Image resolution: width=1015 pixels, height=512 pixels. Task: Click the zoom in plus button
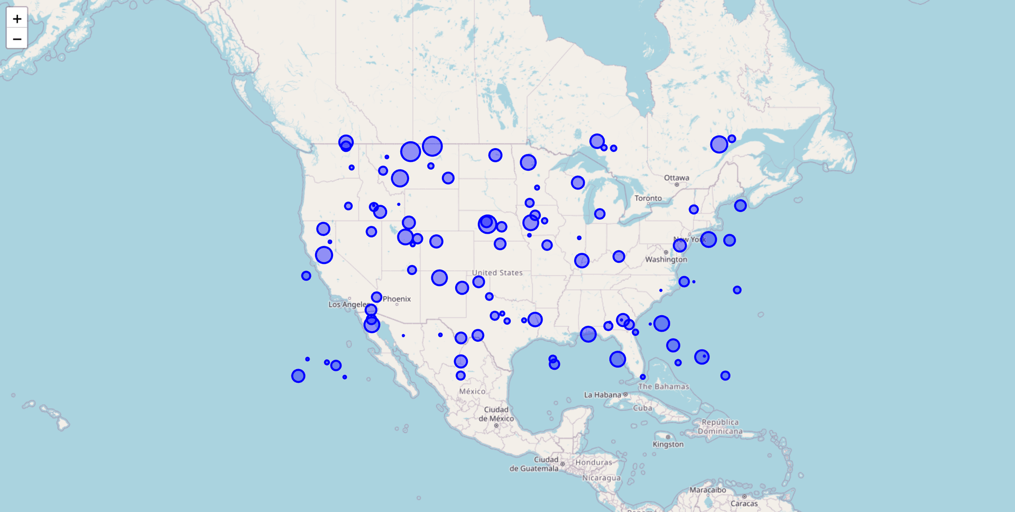click(17, 19)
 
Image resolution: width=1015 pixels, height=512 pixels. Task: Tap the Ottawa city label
click(677, 178)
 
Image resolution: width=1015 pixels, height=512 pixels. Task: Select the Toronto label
click(648, 198)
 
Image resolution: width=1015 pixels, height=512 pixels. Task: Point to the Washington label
click(666, 259)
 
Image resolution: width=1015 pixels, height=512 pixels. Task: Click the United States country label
click(497, 273)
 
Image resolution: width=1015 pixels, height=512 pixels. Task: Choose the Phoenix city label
click(397, 299)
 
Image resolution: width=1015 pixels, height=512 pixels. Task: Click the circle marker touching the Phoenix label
click(376, 297)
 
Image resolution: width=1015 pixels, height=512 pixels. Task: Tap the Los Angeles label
click(348, 305)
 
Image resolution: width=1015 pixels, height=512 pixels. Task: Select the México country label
click(472, 391)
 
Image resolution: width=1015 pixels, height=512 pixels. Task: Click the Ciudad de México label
click(496, 414)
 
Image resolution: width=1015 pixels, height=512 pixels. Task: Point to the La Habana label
click(603, 395)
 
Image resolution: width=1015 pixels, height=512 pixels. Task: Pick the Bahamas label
click(663, 387)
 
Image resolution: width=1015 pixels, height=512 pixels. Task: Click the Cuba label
click(643, 408)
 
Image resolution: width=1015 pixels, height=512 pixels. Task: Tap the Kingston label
click(668, 444)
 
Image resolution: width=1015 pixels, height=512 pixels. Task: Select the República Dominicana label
click(720, 427)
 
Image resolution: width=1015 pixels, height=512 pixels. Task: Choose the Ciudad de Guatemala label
click(534, 464)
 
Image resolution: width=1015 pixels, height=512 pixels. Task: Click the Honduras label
click(594, 462)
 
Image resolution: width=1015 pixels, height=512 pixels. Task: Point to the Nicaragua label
click(602, 478)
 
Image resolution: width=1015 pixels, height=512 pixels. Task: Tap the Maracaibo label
click(707, 490)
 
